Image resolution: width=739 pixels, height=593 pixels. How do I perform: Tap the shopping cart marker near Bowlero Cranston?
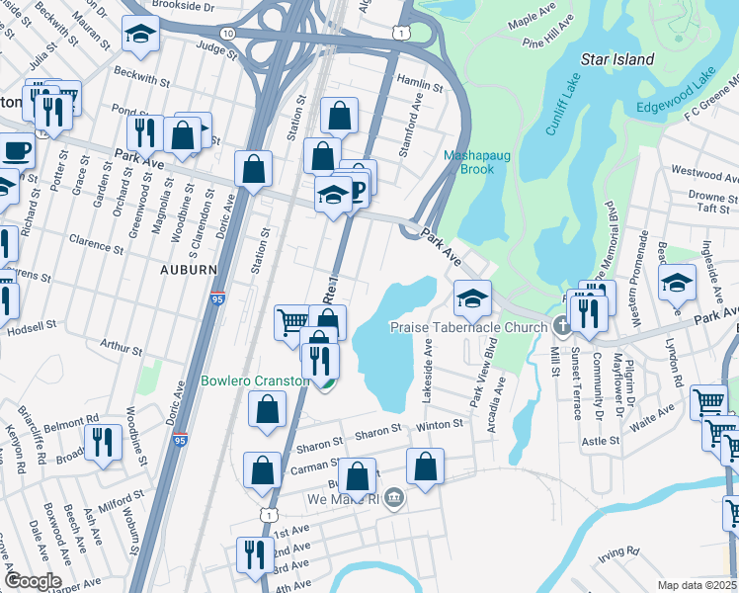pyautogui.click(x=292, y=320)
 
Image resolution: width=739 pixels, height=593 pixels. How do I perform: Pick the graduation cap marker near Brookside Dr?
pyautogui.click(x=140, y=35)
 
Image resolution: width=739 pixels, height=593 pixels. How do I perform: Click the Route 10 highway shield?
pyautogui.click(x=228, y=33)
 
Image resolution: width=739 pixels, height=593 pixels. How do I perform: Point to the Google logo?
pyautogui.click(x=33, y=581)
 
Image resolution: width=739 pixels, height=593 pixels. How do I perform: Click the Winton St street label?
pyautogui.click(x=440, y=424)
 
